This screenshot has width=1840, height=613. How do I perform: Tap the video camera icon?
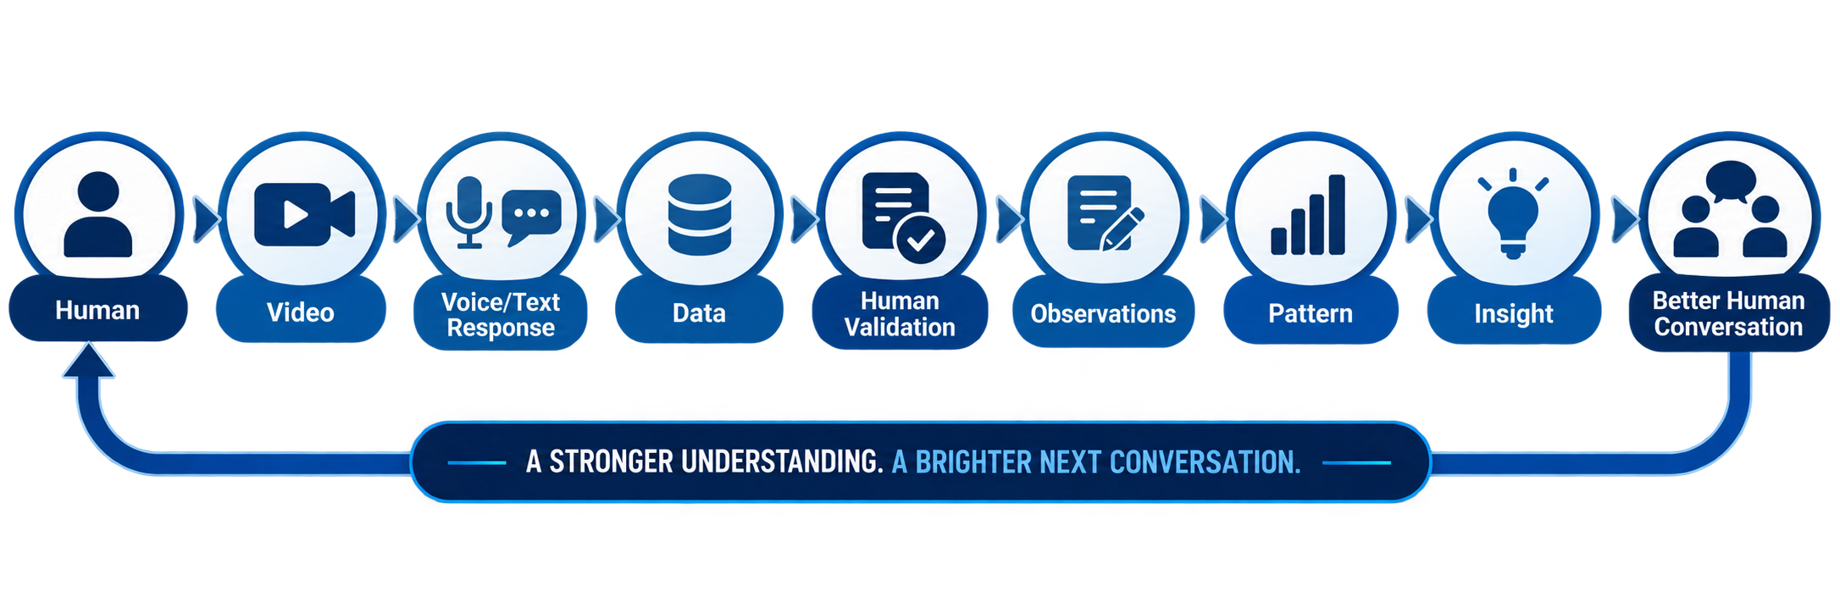(304, 214)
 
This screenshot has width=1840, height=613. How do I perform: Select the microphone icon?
(469, 213)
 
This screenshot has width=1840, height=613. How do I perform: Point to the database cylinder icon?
(700, 215)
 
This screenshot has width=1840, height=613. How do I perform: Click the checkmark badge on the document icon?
(920, 240)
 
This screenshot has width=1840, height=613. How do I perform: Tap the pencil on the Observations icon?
(1123, 229)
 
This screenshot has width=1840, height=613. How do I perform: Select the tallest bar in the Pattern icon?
(1337, 214)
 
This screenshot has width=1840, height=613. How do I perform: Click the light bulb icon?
(1513, 214)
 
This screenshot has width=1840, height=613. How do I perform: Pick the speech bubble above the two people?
(1731, 180)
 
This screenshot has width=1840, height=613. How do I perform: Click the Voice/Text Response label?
(501, 314)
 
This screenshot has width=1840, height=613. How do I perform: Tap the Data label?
(699, 313)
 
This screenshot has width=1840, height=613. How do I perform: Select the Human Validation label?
(900, 314)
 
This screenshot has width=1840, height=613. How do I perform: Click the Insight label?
(1514, 314)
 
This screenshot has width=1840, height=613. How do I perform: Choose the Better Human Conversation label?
(1729, 313)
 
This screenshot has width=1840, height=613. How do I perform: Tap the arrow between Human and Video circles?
(206, 220)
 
